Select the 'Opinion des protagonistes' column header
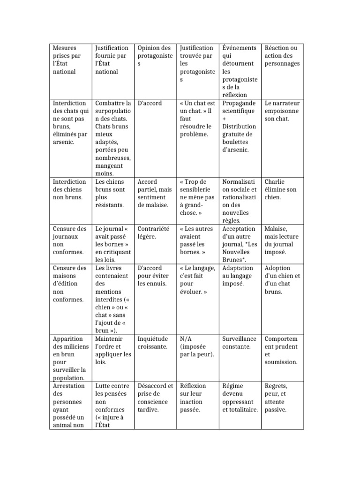pyautogui.click(x=154, y=56)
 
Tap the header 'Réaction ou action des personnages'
pyautogui.click(x=282, y=56)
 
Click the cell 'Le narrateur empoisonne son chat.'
pyautogui.click(x=282, y=111)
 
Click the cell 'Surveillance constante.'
pyautogui.click(x=239, y=343)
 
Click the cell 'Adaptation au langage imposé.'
pyautogui.click(x=239, y=276)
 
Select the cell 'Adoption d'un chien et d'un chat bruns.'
pyautogui.click(x=282, y=279)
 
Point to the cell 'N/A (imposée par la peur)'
pyautogui.click(x=197, y=346)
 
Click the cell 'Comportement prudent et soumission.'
pyautogui.click(x=282, y=351)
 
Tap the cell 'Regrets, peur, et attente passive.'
pyautogui.click(x=282, y=397)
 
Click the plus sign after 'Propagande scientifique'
pyautogui.click(x=225, y=119)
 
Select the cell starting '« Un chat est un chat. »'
pyautogui.click(x=197, y=119)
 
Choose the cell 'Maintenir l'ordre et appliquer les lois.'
pyautogui.click(x=113, y=351)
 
